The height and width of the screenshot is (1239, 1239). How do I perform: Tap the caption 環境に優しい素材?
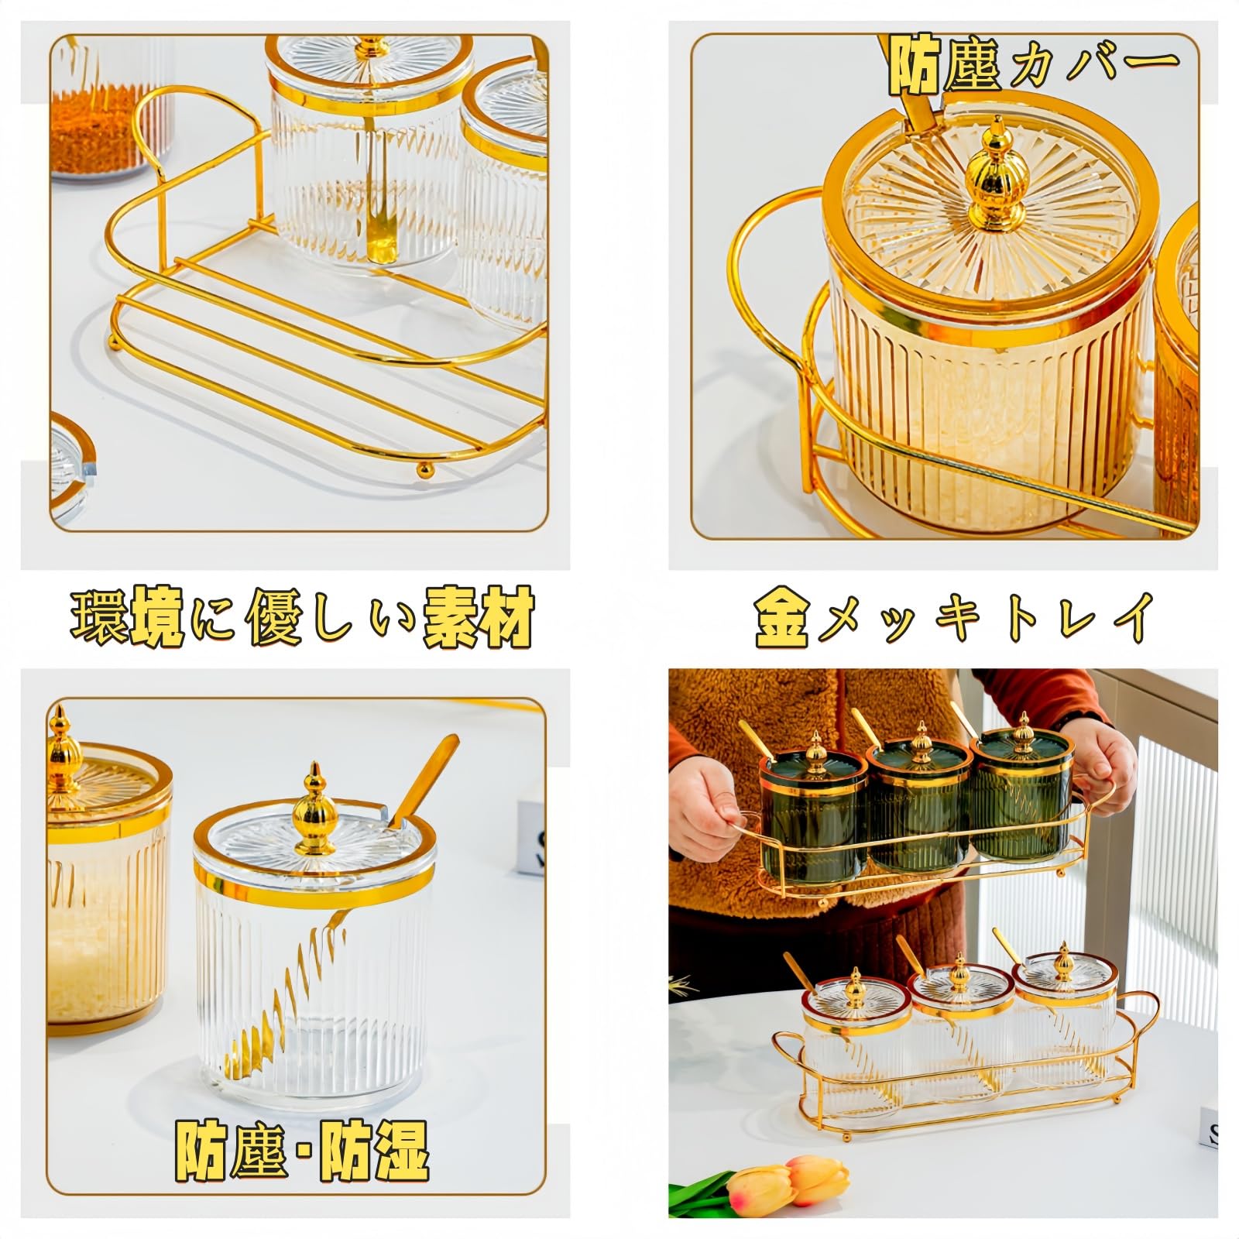click(x=302, y=617)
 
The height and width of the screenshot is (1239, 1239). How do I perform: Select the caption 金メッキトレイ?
click(x=954, y=617)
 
